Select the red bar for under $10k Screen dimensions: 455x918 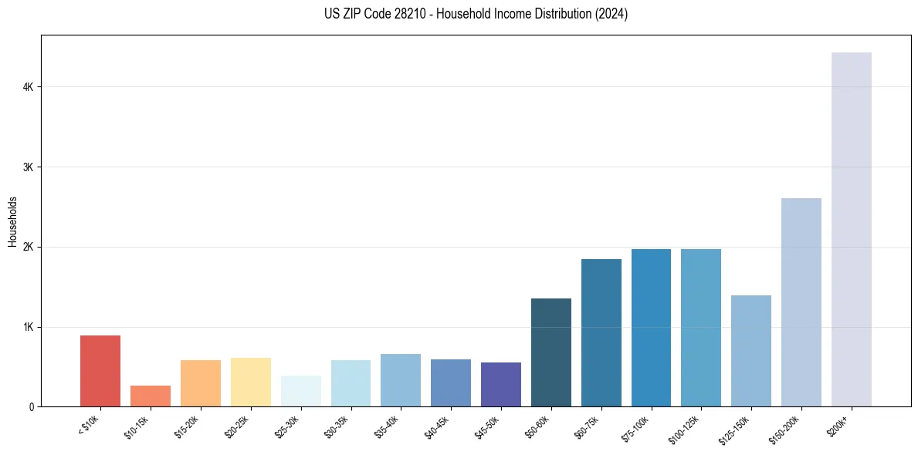click(100, 371)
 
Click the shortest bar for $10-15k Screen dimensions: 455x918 click(151, 396)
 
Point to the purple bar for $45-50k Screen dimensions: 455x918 click(501, 384)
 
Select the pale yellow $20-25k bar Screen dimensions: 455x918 click(250, 382)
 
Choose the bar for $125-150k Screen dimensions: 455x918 click(751, 351)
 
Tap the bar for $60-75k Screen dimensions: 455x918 click(601, 332)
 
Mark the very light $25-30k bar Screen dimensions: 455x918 click(300, 391)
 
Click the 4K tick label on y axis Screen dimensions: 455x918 click(29, 87)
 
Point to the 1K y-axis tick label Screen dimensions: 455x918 click(29, 327)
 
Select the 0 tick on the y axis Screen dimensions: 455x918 click(32, 407)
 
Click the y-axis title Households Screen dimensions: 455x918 click(12, 221)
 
